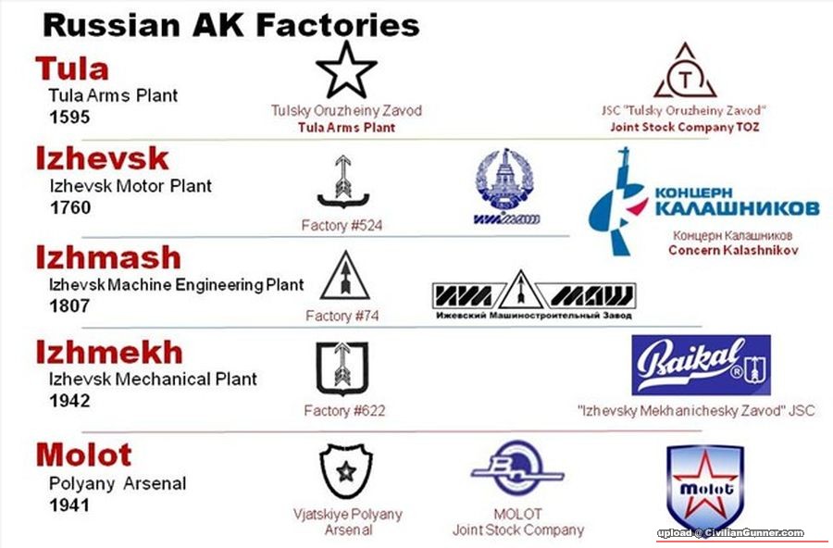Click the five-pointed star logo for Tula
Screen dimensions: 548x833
click(x=346, y=69)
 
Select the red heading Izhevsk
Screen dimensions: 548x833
click(x=102, y=158)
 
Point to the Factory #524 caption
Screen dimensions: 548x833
click(x=342, y=225)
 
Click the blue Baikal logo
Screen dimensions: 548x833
click(x=701, y=365)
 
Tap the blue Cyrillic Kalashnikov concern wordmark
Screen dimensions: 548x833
click(x=736, y=200)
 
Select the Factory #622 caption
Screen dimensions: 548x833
click(x=344, y=410)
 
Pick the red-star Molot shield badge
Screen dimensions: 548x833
click(x=705, y=488)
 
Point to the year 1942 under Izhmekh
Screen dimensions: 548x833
click(x=70, y=401)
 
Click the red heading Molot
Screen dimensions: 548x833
click(x=83, y=455)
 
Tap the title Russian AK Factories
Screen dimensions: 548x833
click(x=231, y=24)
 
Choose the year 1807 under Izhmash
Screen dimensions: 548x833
click(x=70, y=305)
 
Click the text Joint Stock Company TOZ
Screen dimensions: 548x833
click(x=684, y=127)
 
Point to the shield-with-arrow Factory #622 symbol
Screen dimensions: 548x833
click(x=336, y=367)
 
